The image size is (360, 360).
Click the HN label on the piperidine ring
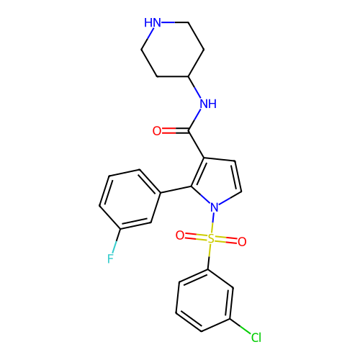[153, 22]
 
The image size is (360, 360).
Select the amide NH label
[208, 104]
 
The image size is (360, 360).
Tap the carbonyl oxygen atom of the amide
[157, 131]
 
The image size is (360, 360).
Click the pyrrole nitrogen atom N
[215, 207]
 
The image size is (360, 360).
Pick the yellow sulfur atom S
[211, 239]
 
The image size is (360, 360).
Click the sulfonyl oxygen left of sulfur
[180, 235]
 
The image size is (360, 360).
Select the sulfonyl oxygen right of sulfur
[242, 242]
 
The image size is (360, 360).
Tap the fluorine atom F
[110, 258]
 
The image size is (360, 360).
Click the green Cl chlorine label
[256, 338]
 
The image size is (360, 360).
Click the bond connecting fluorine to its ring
[117, 240]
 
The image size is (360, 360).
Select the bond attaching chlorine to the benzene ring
[240, 326]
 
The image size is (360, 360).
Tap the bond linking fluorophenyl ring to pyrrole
[176, 189]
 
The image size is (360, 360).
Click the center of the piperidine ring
[173, 50]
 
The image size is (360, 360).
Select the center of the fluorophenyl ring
[130, 199]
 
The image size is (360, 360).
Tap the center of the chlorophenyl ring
[204, 300]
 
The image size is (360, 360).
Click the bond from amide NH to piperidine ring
[194, 87]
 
